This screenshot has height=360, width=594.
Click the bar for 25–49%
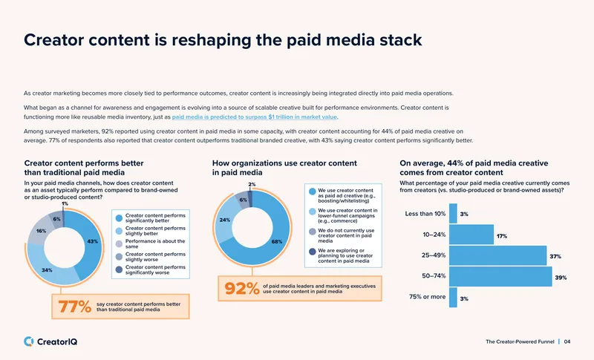[x=497, y=255]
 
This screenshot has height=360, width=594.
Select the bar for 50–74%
[x=500, y=276]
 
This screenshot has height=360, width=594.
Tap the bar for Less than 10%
[x=453, y=214]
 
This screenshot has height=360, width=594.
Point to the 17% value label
[x=502, y=236]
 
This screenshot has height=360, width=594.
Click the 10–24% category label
[x=434, y=235]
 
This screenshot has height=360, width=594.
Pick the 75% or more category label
[x=428, y=297]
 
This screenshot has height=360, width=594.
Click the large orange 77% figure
[x=75, y=307]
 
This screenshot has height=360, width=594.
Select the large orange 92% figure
[x=242, y=289]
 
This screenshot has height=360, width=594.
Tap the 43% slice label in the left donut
[x=92, y=241]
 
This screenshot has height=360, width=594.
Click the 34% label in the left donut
[x=47, y=270]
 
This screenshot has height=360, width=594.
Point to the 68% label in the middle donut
[x=277, y=241]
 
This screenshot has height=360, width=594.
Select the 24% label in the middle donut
[x=225, y=220]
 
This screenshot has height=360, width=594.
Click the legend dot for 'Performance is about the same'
[x=119, y=243]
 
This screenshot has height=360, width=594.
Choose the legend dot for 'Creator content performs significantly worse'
[x=119, y=269]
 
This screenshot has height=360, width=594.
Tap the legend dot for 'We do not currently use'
[x=312, y=232]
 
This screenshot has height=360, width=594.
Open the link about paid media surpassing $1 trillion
[x=255, y=117]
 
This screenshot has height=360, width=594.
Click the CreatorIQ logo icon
[x=28, y=341]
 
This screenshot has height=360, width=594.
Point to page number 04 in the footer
[x=567, y=342]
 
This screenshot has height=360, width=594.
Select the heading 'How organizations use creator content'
[x=284, y=163]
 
